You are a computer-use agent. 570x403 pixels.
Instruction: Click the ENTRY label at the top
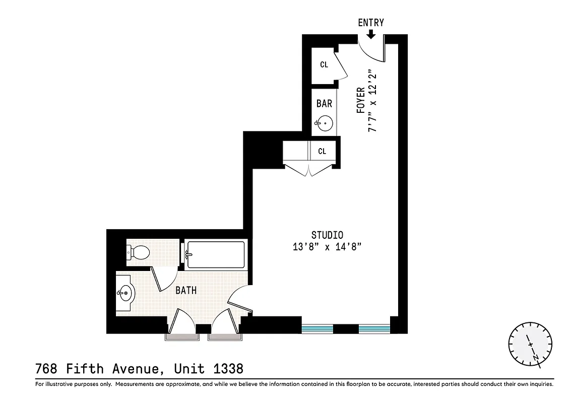tap(371, 23)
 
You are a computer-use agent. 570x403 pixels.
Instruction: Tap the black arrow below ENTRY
tap(371, 34)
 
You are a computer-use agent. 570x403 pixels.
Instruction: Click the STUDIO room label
tap(327, 235)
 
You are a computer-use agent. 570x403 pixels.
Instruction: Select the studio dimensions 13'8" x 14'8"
tap(327, 247)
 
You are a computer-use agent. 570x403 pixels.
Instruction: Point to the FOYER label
tap(361, 100)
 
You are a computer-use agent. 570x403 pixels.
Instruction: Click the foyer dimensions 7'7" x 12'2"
tap(373, 101)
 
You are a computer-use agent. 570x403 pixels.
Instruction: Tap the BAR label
tap(324, 103)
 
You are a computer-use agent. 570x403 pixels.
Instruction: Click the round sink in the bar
tap(325, 122)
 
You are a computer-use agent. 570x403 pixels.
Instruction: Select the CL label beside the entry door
tap(324, 64)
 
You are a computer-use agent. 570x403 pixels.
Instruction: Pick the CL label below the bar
tap(322, 151)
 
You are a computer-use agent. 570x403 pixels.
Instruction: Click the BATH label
tap(186, 291)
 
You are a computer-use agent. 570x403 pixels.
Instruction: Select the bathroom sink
tap(125, 292)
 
